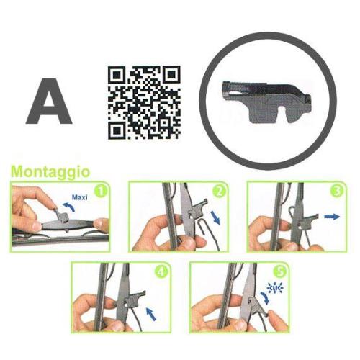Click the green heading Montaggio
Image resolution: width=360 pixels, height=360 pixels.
[x=50, y=172]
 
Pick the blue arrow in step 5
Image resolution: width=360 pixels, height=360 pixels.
[x=269, y=305]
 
